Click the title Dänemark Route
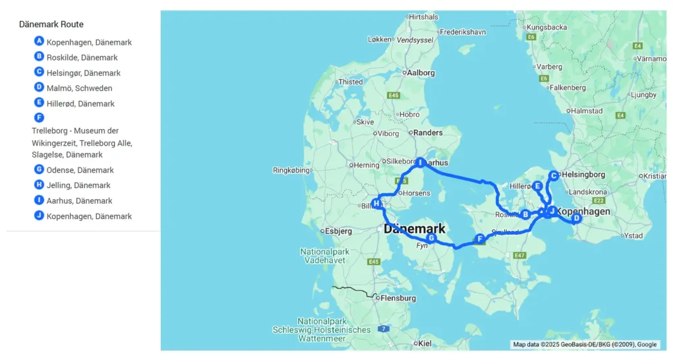click(51, 24)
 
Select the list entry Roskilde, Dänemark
click(82, 57)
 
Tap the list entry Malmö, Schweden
click(79, 88)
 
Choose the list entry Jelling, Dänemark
click(78, 185)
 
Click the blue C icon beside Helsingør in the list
click(39, 72)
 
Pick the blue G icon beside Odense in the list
click(39, 169)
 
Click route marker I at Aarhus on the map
click(419, 162)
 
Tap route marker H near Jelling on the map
click(376, 204)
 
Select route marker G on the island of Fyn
click(431, 238)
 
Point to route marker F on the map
click(479, 239)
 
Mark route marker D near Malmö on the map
click(575, 218)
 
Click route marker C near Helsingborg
click(554, 175)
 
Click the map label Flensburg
click(398, 298)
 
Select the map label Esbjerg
click(339, 231)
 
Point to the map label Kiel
click(425, 343)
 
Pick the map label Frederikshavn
click(462, 32)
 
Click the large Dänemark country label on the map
click(414, 229)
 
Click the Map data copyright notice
click(585, 344)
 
